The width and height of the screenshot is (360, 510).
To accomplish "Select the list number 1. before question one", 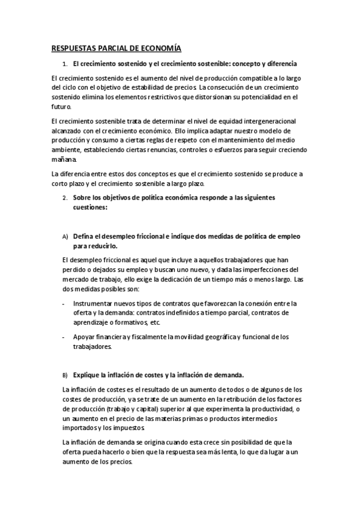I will tap(65, 64).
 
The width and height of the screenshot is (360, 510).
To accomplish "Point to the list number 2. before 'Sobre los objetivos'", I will tap(65, 197).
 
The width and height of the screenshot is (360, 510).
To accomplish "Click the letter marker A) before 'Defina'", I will tap(65, 236).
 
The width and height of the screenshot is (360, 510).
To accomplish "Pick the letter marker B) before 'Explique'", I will tap(65, 373).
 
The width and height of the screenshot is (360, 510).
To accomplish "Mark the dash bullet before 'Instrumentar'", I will tap(64, 304).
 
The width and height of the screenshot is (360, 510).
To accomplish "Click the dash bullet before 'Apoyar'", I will tap(64, 337).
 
